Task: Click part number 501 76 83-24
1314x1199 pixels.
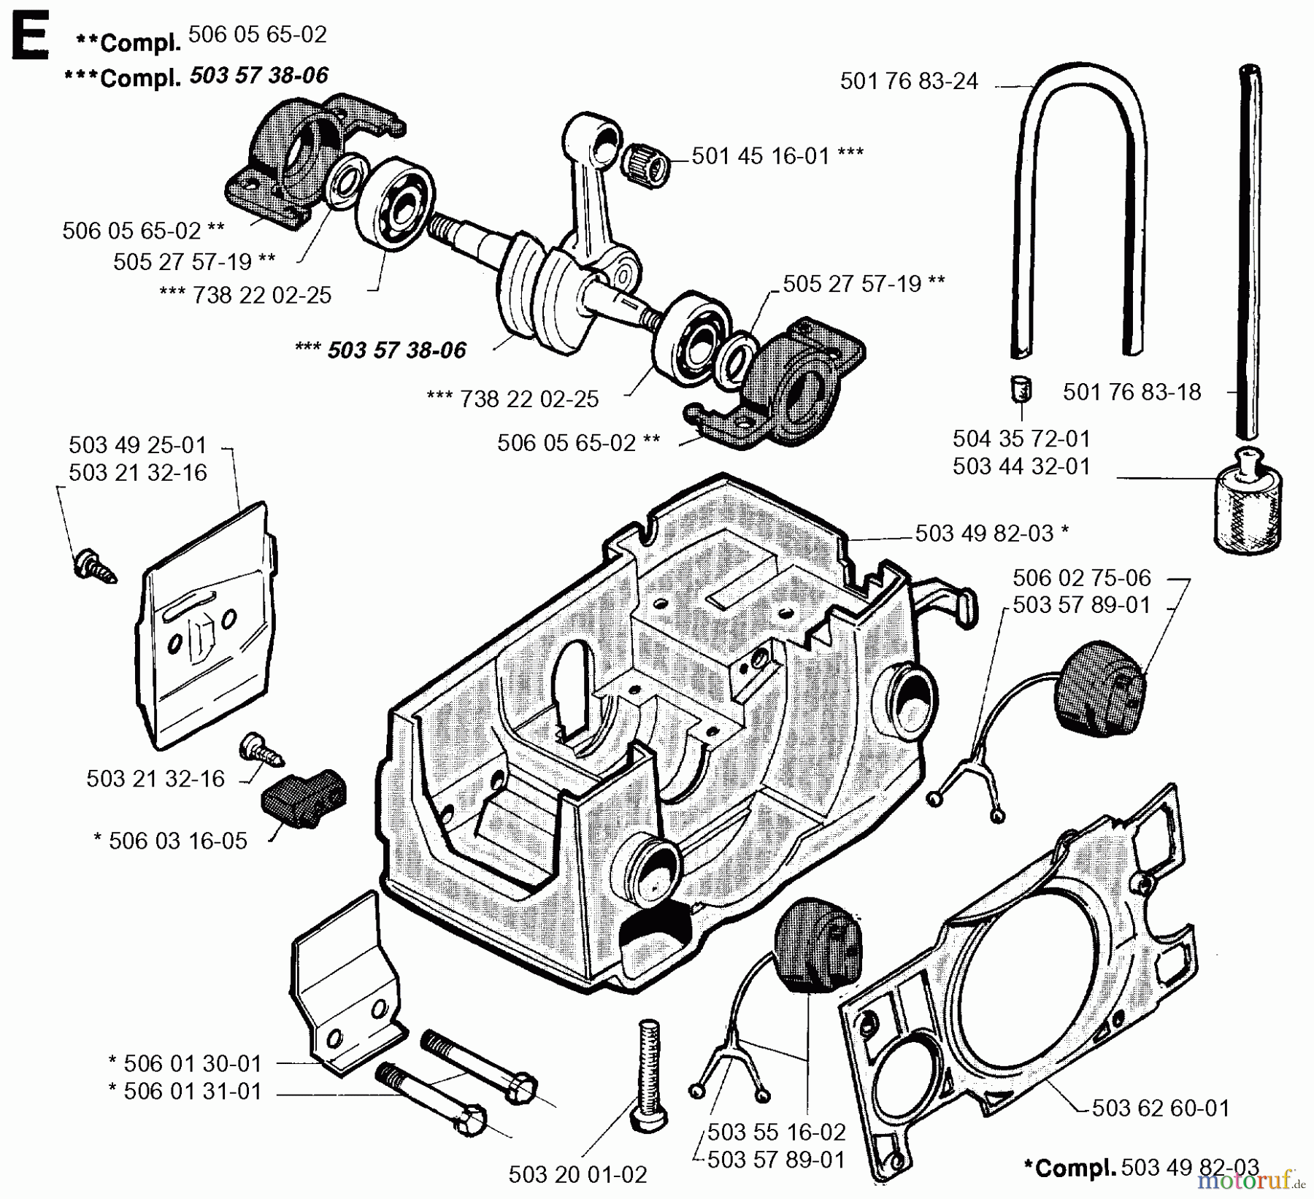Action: (x=908, y=81)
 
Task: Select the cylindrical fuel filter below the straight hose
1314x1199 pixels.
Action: (x=1248, y=510)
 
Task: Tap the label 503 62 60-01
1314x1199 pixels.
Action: (x=1160, y=1109)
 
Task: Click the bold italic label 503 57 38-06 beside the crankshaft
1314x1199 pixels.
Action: (x=396, y=350)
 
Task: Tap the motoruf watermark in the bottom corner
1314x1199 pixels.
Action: (x=1248, y=1180)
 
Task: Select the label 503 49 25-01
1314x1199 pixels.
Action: (x=138, y=445)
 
